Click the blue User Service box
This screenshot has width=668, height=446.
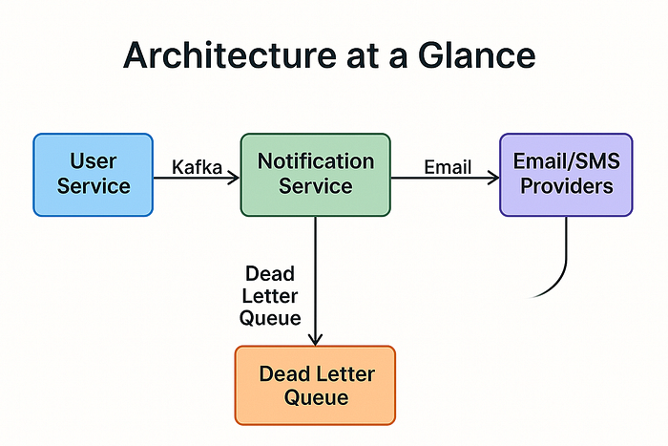[93, 174]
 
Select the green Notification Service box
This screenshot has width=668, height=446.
[315, 174]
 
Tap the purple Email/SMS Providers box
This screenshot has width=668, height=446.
[566, 174]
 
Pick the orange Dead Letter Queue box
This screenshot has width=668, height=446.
[315, 384]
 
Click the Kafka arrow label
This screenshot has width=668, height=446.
[197, 168]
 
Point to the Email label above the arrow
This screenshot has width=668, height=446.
[448, 168]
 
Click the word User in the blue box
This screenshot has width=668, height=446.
[93, 161]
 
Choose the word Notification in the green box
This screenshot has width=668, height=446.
[316, 161]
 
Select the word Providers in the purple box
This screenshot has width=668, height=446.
[566, 186]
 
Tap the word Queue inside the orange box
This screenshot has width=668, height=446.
[316, 396]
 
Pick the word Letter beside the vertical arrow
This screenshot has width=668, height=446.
[270, 295]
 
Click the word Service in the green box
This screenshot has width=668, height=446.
[316, 186]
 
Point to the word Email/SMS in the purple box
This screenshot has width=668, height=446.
[566, 161]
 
